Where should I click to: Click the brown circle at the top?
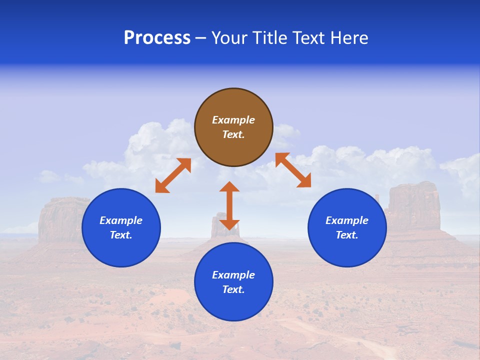click(233, 127)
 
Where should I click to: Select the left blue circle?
click(121, 227)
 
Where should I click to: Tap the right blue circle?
click(347, 227)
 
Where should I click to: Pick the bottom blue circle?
click(233, 282)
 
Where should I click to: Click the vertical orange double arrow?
click(229, 205)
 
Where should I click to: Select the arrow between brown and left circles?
click(173, 175)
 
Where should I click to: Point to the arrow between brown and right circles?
click(293, 170)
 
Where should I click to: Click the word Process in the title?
click(157, 38)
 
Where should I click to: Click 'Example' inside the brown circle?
click(233, 120)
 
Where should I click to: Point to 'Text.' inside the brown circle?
click(233, 134)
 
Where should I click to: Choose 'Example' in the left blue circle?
click(121, 220)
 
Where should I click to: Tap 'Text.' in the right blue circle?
click(347, 235)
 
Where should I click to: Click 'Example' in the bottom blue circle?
click(233, 275)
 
